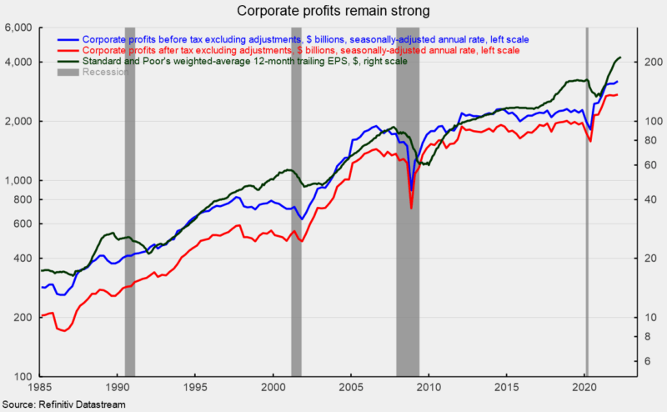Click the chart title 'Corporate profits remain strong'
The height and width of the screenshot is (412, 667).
[x=333, y=11]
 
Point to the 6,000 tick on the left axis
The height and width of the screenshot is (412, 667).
[x=18, y=28]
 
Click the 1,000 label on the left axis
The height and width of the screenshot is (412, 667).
[x=18, y=180]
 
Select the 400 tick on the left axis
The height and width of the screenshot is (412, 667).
[x=23, y=259]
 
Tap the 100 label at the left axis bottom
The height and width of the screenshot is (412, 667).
[x=23, y=377]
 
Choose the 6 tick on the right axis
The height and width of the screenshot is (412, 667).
[x=648, y=361]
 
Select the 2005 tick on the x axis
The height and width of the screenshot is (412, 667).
[x=351, y=388]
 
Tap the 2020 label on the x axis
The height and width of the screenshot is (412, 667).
[x=585, y=388]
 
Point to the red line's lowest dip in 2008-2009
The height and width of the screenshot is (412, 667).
[x=411, y=207]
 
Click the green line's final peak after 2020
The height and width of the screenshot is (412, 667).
[x=619, y=58]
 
